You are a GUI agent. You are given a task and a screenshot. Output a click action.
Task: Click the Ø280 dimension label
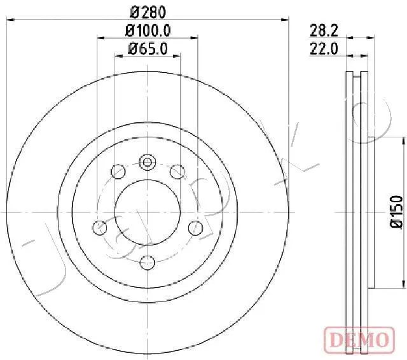[x=148, y=12]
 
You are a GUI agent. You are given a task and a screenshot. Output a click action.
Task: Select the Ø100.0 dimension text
[x=148, y=31]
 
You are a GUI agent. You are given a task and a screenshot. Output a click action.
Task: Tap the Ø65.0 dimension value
[x=148, y=49]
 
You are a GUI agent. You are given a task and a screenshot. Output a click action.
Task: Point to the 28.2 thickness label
[x=324, y=31]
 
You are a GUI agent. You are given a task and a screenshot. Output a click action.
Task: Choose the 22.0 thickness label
[x=324, y=49]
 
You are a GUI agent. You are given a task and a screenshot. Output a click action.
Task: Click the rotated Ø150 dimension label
[x=396, y=212]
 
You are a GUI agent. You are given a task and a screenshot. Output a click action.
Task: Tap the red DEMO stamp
[x=359, y=340]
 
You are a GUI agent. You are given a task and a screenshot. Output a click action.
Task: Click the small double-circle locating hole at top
[x=148, y=162]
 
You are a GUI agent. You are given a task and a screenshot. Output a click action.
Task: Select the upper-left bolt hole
[x=118, y=172]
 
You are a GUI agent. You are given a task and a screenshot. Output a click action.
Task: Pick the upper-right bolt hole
[x=177, y=172]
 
